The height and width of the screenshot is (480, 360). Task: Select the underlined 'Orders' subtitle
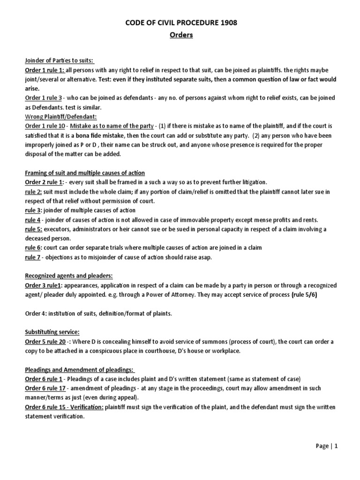180,36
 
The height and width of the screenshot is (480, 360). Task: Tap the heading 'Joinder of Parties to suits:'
59,60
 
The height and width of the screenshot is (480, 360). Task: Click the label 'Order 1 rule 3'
43,98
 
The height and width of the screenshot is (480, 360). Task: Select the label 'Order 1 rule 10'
45,126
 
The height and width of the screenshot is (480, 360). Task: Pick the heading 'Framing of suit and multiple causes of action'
84,172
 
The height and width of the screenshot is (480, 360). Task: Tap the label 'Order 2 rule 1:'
45,182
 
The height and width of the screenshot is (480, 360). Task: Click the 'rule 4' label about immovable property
32,219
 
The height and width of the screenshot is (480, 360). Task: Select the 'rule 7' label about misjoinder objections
32,256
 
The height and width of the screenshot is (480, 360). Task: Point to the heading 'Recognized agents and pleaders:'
69,275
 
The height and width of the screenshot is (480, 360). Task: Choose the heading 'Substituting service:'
52,331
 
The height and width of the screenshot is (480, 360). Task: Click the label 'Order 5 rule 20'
45,341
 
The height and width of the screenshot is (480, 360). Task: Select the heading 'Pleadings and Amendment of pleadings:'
80,369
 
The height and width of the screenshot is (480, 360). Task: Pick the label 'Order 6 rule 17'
45,388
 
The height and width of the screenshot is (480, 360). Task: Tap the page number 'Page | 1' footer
327,446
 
